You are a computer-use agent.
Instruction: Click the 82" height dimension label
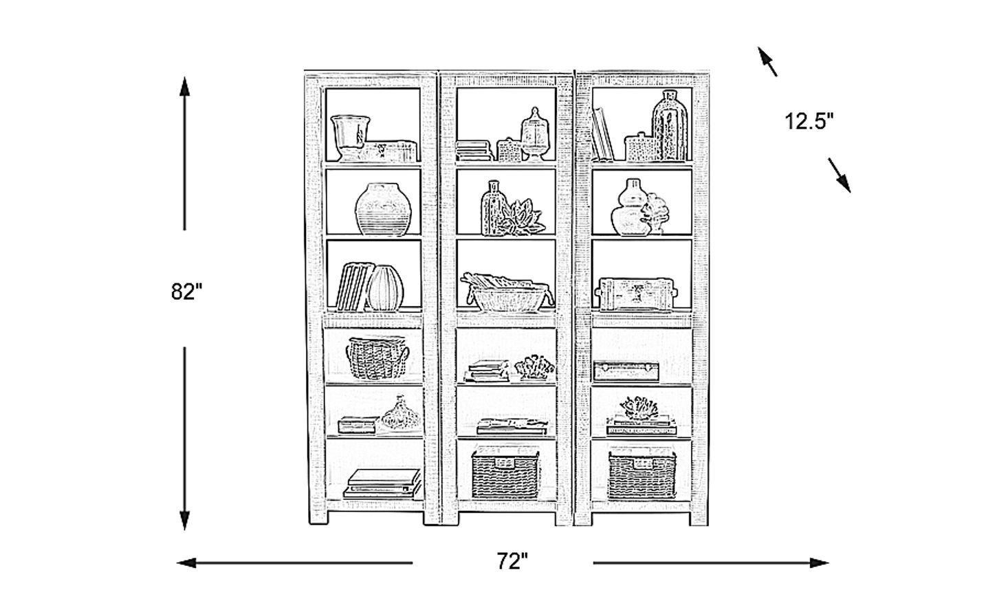point(186,292)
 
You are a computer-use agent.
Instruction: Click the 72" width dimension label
point(512,562)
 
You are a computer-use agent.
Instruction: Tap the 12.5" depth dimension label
point(809,122)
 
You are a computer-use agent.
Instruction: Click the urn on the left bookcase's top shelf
point(351,137)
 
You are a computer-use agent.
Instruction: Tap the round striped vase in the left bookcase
point(383,209)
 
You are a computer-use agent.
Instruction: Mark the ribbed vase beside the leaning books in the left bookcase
point(385,288)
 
